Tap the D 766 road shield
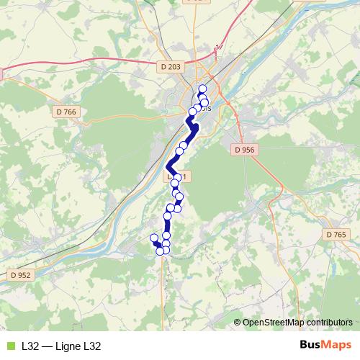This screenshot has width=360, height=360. pos(66,112)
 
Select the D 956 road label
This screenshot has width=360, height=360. pos(245,150)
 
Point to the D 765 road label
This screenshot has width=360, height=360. pos(336,235)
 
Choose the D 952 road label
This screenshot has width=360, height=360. pos(20,275)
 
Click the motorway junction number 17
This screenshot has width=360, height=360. pos(220,48)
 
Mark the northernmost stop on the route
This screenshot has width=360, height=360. pos(202,89)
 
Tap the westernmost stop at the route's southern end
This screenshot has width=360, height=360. pos(153,238)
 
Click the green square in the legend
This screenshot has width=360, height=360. pos(9,346)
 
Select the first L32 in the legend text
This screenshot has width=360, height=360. pos(30,346)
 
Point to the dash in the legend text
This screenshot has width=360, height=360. pos(47,346)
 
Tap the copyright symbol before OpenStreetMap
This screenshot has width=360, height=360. pos(238,323)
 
